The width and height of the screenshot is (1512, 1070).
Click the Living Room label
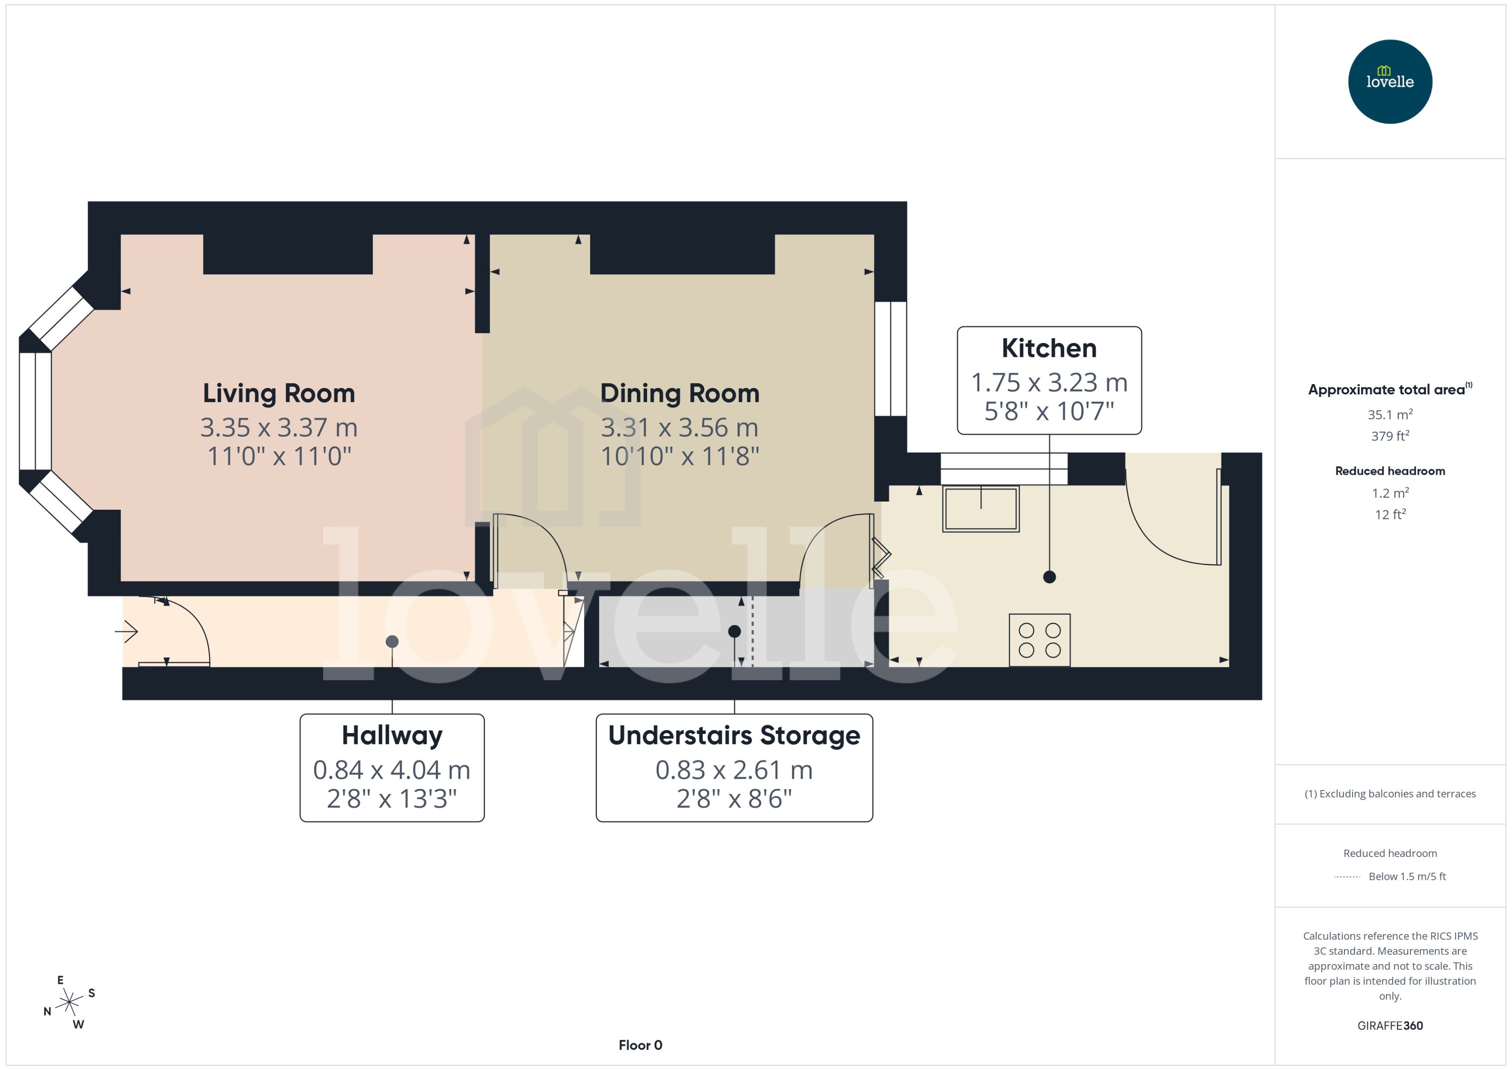pyautogui.click(x=279, y=394)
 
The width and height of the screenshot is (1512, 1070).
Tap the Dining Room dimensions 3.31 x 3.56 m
pyautogui.click(x=679, y=428)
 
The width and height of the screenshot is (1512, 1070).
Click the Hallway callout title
pyautogui.click(x=392, y=735)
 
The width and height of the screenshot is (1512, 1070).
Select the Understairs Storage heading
pyautogui.click(x=734, y=735)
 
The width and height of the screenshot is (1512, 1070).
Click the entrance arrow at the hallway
pyautogui.click(x=127, y=632)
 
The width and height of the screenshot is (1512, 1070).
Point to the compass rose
pyautogui.click(x=69, y=1003)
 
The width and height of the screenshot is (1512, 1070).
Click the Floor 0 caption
pyautogui.click(x=640, y=1045)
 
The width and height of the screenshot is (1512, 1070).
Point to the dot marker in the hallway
pyautogui.click(x=392, y=641)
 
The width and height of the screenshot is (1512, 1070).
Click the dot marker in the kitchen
pyautogui.click(x=1049, y=577)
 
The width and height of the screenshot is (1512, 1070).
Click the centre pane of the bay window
pyautogui.click(x=35, y=411)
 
